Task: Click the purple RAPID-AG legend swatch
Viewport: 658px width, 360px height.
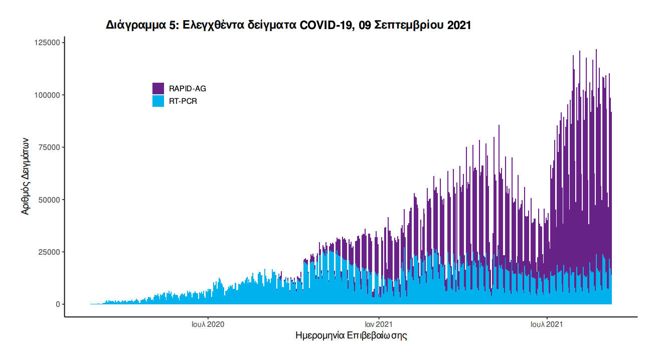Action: click(158, 88)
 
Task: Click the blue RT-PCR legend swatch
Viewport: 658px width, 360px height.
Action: click(158, 101)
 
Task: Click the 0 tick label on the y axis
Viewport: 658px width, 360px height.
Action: click(58, 304)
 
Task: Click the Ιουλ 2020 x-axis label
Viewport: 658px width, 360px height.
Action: click(208, 324)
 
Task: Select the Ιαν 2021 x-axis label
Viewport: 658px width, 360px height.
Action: click(378, 324)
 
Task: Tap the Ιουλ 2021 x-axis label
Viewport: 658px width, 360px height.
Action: click(547, 324)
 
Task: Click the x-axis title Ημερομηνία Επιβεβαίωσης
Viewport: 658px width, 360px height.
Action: click(351, 335)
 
